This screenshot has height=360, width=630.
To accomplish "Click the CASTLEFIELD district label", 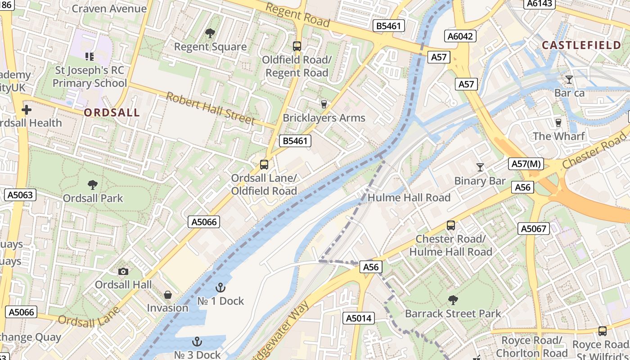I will coord(581,45).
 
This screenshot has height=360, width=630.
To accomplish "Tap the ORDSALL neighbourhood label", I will coord(112,112).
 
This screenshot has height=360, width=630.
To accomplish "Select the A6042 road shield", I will coord(460,36).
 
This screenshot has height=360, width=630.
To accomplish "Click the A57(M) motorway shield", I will coord(526,164).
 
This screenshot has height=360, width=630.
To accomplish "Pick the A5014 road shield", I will coord(358,318).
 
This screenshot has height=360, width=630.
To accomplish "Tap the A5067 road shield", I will coord(534,229).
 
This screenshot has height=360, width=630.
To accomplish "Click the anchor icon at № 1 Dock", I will coord(220,288).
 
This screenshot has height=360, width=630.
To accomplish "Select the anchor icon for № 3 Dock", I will coord(197,342).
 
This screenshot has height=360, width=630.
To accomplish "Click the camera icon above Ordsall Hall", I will coord(123,271).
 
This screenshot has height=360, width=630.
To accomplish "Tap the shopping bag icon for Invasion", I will coord(167,295).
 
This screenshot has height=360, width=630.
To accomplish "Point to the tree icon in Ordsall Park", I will coord(93,184).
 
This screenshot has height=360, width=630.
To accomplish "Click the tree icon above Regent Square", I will coord(210,33).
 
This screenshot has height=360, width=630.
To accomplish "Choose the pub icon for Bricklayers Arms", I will coord(324,104).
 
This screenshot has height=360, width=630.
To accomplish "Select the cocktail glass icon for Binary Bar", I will coord(480,167).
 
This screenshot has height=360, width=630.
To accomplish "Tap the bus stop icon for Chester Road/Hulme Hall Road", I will coord(450,225).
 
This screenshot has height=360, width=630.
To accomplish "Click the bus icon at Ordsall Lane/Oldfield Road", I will coord(264,165).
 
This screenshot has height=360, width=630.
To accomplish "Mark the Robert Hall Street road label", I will coord(210,108).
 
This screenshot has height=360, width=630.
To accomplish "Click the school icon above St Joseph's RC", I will coord(90,57).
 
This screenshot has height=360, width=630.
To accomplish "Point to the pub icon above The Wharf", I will coord(558,122).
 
